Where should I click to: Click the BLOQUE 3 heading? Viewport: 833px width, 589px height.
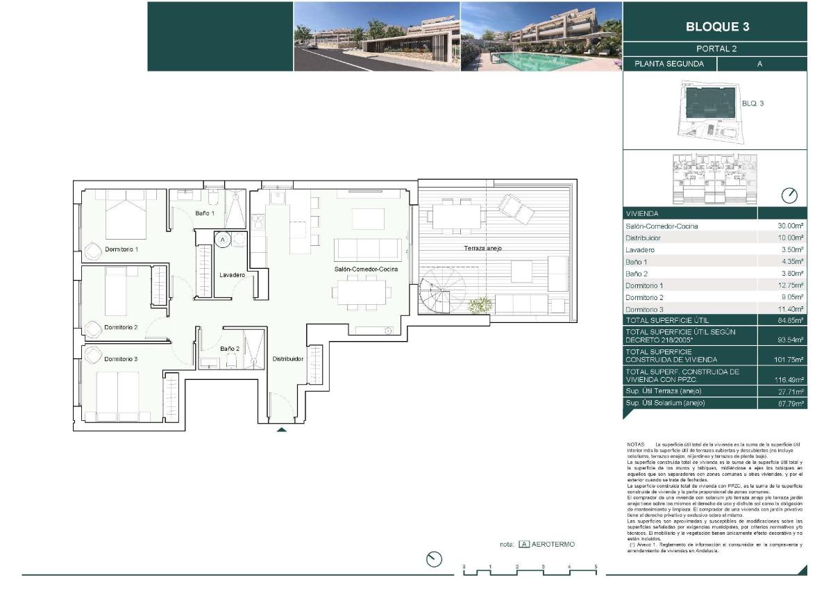point(717,28)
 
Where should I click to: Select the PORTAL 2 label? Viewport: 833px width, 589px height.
point(716,49)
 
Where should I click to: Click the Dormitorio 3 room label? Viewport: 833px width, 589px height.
point(121,359)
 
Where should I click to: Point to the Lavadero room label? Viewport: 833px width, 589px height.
point(232,275)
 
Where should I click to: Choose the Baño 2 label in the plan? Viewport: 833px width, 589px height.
point(230,349)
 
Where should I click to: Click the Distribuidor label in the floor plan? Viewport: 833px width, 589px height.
point(287,359)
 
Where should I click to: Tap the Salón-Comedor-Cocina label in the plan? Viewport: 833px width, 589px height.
point(366,269)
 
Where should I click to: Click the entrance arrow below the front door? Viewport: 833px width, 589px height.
point(281,431)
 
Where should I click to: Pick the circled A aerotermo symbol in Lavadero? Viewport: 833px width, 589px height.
point(223,240)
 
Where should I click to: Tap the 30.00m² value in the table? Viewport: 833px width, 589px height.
point(790,226)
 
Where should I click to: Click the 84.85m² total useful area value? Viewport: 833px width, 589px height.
point(790,320)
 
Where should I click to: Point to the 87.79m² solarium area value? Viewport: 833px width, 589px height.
point(790,403)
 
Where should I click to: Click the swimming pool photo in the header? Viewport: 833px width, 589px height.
point(541,36)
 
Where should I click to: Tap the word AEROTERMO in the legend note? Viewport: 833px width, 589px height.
point(553,545)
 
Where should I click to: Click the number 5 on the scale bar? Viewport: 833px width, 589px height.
point(596,567)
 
